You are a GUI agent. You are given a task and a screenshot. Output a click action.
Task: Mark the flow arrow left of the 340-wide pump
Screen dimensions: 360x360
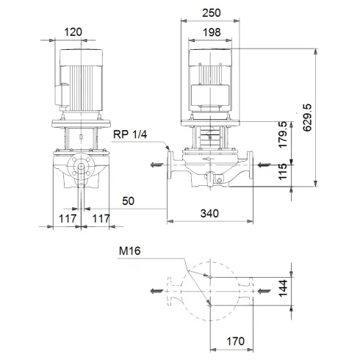[154, 165]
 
